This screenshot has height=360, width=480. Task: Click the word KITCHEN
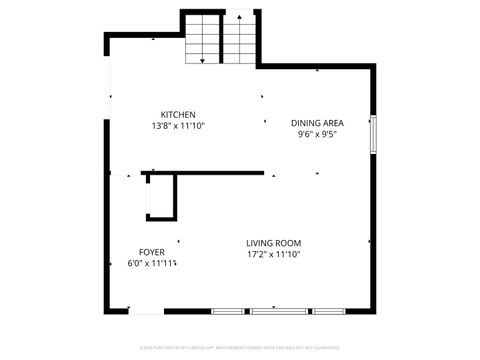178,114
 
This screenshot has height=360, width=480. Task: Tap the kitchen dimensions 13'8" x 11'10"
178,126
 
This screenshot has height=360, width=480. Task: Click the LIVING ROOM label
274,243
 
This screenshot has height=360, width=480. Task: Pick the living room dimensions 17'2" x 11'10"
274,255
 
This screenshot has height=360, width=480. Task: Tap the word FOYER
152,252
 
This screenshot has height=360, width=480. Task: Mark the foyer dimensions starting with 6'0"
152,264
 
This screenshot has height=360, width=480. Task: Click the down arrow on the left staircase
203,60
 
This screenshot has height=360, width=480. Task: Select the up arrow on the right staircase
240,18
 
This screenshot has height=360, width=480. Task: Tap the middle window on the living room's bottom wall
278,311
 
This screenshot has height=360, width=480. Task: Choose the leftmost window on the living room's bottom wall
229,311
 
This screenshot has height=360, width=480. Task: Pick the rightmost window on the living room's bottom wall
326,311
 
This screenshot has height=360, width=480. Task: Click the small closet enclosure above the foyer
161,196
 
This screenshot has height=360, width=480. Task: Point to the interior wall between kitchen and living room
205,173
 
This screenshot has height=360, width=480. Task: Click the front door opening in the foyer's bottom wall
146,311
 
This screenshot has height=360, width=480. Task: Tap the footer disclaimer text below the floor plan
240,347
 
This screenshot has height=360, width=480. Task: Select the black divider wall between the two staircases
221,40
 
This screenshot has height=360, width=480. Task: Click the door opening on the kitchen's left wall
108,100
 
